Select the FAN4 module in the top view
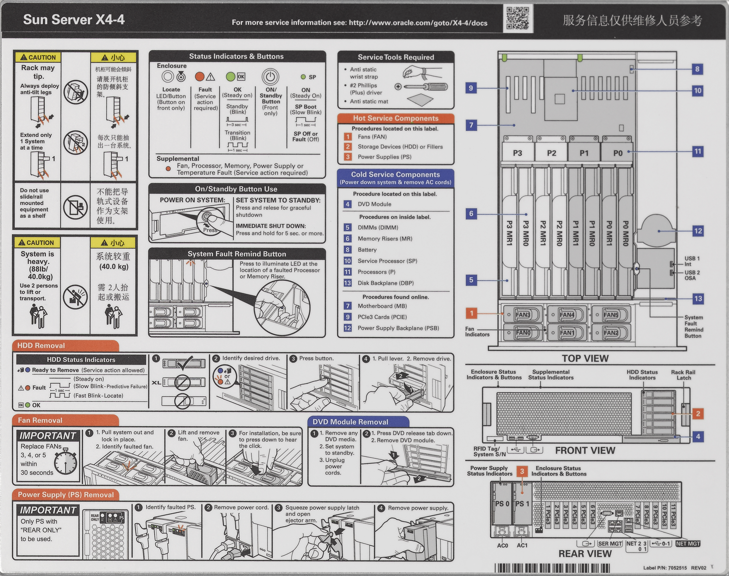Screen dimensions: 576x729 point(567,315)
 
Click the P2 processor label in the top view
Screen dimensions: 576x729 point(551,153)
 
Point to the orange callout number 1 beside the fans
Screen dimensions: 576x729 point(471,313)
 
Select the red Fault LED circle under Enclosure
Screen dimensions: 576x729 point(200,77)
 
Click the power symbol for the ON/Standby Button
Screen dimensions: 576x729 point(270,77)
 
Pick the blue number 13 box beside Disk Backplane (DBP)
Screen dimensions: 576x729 point(347,283)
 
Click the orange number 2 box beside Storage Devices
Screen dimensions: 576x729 point(347,147)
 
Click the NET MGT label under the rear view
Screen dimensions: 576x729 point(688,544)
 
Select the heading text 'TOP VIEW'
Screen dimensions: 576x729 point(585,358)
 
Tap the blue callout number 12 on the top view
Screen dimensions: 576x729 point(698,231)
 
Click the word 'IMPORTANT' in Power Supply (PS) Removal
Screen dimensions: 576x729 point(48,510)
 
